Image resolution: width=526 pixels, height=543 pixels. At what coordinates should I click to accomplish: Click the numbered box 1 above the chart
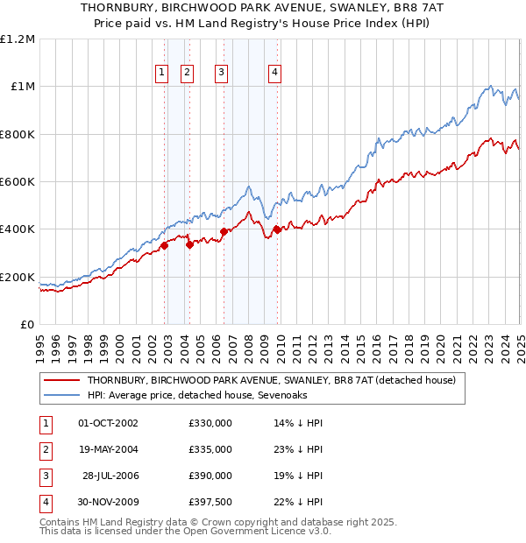pyautogui.click(x=163, y=74)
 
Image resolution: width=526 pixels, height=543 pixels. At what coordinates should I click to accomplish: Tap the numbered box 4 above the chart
pyautogui.click(x=275, y=74)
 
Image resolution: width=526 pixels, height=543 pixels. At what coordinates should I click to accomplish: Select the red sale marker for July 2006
pyautogui.click(x=224, y=232)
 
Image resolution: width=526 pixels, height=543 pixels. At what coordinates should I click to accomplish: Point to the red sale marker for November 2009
pyautogui.click(x=277, y=230)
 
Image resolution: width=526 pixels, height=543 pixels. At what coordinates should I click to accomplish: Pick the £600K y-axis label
pyautogui.click(x=18, y=182)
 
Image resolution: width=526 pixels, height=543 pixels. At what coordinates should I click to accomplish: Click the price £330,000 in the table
pyautogui.click(x=210, y=423)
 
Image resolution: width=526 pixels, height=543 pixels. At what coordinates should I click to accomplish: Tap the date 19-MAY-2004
pyautogui.click(x=108, y=449)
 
